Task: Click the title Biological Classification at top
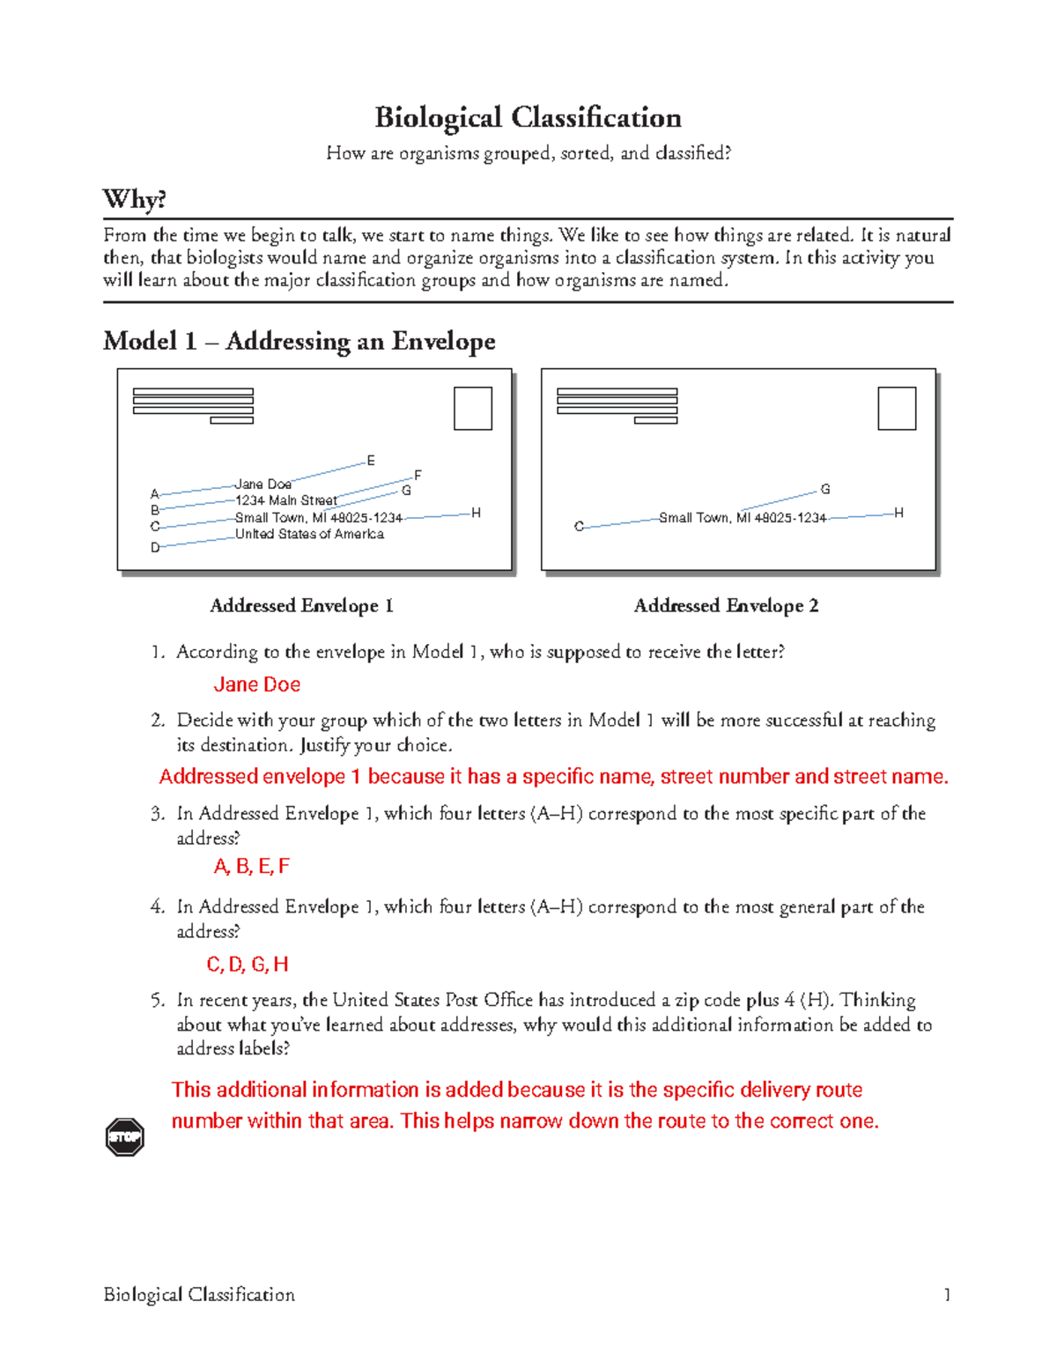point(528,117)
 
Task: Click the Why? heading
point(134,199)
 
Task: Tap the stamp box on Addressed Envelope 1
point(473,409)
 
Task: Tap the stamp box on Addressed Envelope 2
point(897,409)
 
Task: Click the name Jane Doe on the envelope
point(263,484)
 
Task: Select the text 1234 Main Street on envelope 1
point(286,500)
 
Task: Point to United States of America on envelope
point(309,534)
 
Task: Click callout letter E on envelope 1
point(371,461)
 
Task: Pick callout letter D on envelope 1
point(155,547)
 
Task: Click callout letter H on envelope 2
point(898,513)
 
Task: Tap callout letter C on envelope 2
point(579,527)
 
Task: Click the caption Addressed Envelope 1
point(301,606)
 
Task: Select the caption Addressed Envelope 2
point(726,606)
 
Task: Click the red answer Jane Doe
point(256,684)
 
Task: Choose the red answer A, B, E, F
point(251,867)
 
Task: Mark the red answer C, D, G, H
point(248,965)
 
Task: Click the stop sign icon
point(124,1137)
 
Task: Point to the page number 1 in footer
point(947,1295)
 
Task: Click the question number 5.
point(157,1000)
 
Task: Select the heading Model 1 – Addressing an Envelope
point(299,341)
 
